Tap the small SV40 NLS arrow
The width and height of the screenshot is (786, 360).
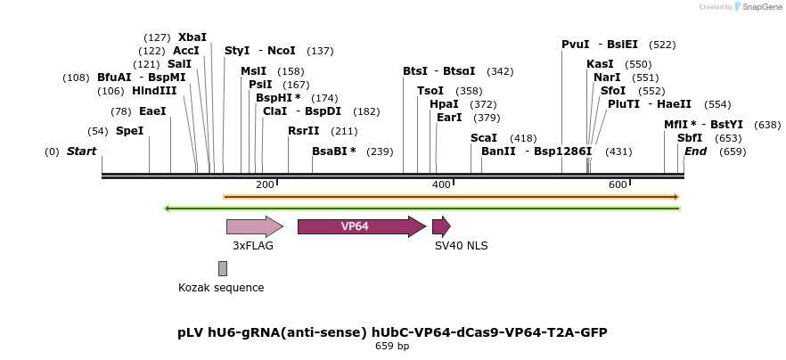441,226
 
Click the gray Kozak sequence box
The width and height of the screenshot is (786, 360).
223,268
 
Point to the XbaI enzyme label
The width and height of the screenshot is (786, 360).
192,37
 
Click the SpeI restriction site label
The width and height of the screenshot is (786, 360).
129,131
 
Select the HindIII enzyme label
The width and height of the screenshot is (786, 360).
154,91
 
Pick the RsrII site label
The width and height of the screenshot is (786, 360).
304,131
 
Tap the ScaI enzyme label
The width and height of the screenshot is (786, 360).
484,138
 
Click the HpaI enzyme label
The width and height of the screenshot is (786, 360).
444,104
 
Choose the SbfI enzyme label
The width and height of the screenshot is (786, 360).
690,138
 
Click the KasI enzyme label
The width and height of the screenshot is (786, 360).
600,64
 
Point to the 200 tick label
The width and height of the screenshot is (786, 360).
265,184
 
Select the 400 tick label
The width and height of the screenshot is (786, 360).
441,184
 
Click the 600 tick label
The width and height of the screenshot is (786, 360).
618,184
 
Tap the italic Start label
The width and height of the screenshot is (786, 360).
81,151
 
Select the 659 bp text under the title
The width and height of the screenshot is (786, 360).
392,346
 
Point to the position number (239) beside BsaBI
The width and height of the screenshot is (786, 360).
380,151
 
